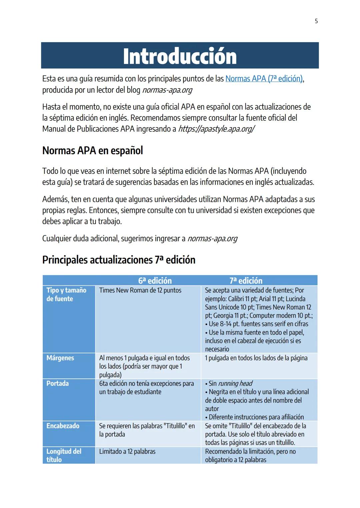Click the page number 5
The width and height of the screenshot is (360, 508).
(316, 21)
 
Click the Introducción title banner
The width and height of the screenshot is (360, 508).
(180, 56)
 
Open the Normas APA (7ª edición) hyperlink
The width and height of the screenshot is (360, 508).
(264, 79)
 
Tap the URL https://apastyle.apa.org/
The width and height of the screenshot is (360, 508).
(216, 129)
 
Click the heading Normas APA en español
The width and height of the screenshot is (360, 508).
(92, 151)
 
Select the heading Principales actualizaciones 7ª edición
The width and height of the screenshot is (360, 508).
(119, 260)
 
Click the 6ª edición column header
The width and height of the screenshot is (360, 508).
(155, 280)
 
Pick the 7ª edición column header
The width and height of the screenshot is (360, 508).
(246, 280)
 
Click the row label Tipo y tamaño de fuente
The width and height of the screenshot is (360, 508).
(66, 294)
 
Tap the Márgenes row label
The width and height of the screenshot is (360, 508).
(60, 358)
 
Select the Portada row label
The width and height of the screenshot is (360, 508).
(58, 383)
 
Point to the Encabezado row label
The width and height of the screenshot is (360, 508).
(63, 426)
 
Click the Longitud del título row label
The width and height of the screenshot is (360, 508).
(64, 455)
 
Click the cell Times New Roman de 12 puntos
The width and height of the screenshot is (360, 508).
(140, 290)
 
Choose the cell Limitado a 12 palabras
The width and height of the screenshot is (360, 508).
(127, 452)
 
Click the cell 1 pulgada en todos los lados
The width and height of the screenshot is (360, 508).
(256, 358)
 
